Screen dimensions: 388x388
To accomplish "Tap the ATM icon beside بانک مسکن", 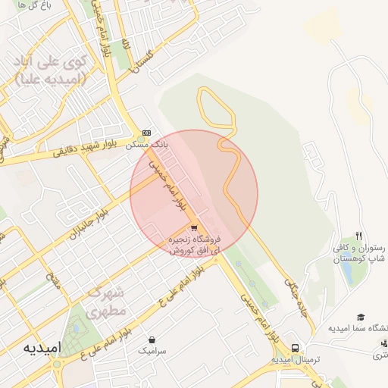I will coord(146,132).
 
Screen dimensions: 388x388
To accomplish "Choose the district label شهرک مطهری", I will coord(104,302).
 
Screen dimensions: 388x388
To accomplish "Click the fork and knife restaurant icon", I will coord(359,236).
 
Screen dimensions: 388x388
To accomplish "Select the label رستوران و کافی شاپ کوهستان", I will coord(360,253).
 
